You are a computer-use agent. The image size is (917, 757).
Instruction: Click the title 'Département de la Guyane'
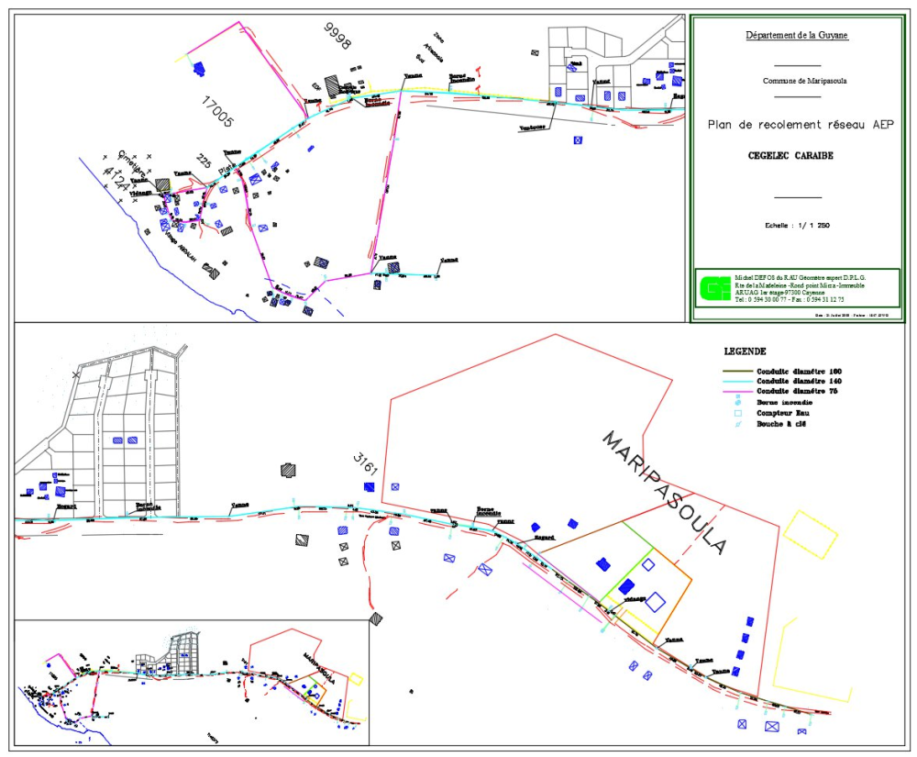click(796, 36)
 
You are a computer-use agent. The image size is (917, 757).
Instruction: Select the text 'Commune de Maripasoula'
click(796, 81)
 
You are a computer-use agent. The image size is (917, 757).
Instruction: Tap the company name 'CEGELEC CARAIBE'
click(796, 155)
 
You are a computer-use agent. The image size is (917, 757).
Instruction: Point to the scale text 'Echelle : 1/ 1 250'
click(796, 225)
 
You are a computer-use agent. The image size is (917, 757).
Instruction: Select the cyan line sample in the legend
click(735, 381)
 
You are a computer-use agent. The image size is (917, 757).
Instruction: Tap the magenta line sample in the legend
click(735, 391)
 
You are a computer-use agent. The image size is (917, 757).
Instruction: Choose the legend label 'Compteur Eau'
click(781, 413)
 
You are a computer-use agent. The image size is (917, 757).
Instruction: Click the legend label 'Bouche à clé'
click(780, 424)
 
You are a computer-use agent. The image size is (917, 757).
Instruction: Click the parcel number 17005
click(217, 109)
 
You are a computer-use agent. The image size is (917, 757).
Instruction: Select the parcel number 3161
click(365, 463)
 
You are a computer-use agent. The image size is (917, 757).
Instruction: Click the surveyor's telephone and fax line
click(789, 299)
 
